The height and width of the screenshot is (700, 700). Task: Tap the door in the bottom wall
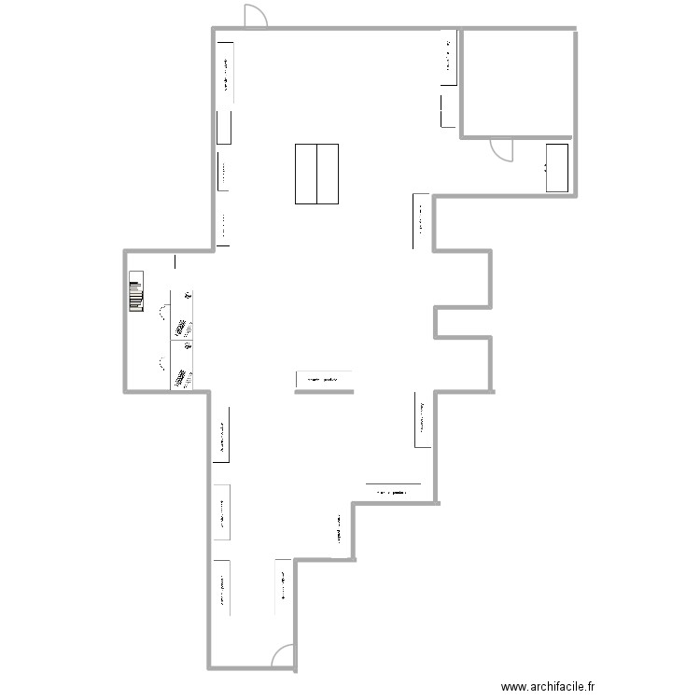(x=283, y=657)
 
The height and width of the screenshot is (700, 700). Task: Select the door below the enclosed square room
(x=502, y=148)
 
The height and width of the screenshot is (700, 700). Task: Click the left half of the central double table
(x=306, y=174)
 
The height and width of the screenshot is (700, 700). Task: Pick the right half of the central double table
(x=328, y=174)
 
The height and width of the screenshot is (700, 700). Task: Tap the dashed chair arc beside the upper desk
(x=165, y=312)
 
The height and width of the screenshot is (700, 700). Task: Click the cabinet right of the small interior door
(x=557, y=168)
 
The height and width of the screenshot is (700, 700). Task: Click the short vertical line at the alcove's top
(x=174, y=263)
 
